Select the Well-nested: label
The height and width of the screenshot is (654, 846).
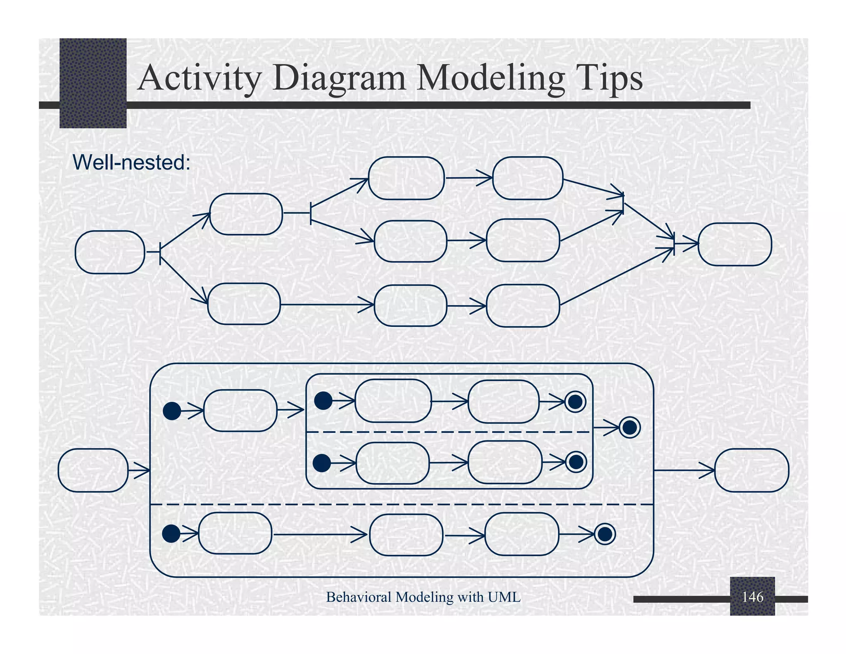point(131,162)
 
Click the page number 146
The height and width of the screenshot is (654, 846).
point(752,597)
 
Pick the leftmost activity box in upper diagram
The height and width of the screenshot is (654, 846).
point(110,252)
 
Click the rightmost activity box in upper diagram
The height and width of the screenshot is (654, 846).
point(734,244)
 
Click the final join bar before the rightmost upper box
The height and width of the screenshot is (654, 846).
point(674,243)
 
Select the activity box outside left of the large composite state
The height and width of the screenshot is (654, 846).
point(93,470)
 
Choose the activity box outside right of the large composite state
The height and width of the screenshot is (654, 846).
point(751,470)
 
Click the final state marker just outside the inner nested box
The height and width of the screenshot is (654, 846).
point(630,427)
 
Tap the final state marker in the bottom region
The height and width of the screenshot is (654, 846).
point(605,534)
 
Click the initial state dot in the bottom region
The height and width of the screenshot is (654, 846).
point(171,534)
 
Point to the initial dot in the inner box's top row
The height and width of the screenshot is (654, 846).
point(323,401)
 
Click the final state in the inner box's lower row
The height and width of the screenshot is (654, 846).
point(576,462)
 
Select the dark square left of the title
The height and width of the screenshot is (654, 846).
point(93,83)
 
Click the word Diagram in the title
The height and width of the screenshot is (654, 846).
point(339,78)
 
